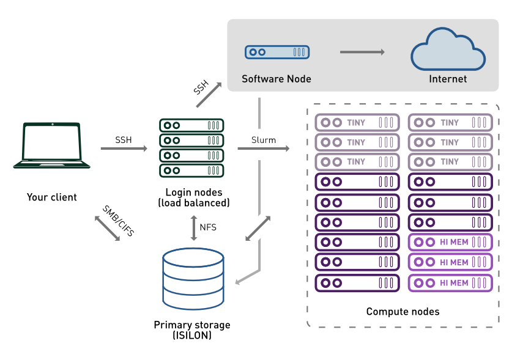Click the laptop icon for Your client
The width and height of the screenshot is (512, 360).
52,145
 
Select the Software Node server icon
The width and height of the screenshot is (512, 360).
276,52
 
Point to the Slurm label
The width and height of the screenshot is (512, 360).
264,140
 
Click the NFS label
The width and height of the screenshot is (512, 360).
208,227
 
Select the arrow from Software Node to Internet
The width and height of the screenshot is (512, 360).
362,52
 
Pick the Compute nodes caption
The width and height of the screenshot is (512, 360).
403,312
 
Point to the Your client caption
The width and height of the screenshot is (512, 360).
52,197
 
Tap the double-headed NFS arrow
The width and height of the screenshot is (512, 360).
193,227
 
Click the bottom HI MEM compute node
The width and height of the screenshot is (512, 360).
450,283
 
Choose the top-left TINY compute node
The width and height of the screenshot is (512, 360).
357,122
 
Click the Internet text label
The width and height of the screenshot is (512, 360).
448,79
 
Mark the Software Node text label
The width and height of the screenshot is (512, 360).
276,79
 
